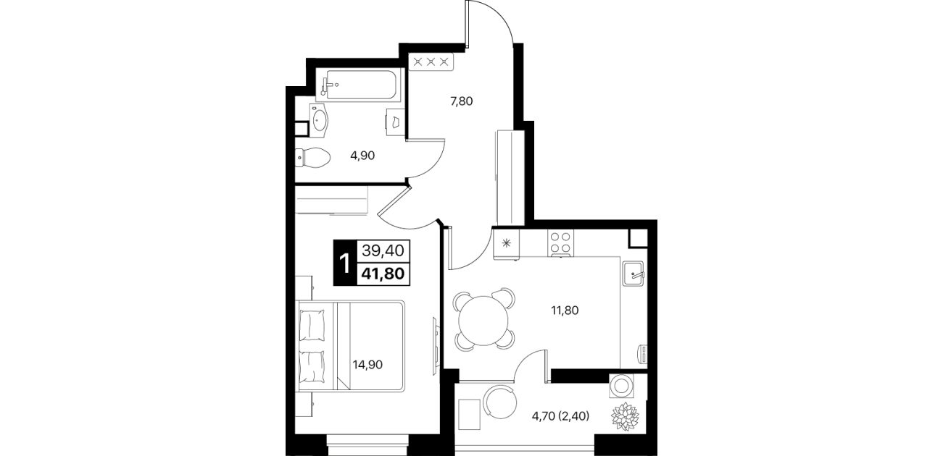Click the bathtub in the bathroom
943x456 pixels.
[361, 85]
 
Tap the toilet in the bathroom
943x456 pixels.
[312, 158]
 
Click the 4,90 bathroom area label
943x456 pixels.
[362, 156]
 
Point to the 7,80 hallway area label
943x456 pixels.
[462, 101]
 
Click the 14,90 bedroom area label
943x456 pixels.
[368, 364]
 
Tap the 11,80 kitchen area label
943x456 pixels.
[565, 311]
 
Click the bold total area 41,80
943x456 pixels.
[383, 274]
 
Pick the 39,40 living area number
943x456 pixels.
[383, 251]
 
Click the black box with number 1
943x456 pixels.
[345, 263]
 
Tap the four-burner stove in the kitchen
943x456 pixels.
[560, 243]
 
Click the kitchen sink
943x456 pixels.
[633, 273]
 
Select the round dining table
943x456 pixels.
[483, 320]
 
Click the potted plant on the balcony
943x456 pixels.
[625, 416]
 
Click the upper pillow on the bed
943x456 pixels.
[312, 326]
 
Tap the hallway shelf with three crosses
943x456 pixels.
[431, 62]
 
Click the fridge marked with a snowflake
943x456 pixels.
[507, 243]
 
